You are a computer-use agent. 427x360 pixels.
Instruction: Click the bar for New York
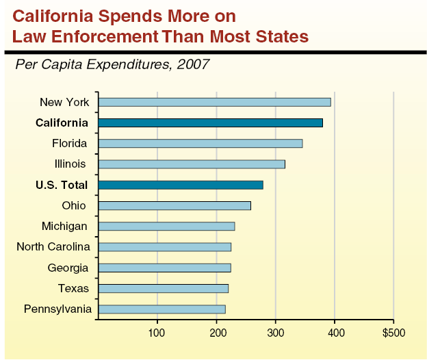point(214,102)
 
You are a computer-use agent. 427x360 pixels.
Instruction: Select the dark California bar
point(210,123)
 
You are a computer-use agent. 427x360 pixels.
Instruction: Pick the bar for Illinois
point(191,164)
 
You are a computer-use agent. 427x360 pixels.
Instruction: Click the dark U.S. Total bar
point(180,185)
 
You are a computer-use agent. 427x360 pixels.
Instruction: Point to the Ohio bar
point(174,205)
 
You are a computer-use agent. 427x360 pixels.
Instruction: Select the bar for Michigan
point(166,227)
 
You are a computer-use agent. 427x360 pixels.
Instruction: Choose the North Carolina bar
point(164,247)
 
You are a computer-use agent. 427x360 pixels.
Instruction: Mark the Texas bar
point(163,288)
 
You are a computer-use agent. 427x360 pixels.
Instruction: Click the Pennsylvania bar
point(161,309)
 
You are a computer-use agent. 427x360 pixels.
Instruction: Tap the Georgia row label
point(68,268)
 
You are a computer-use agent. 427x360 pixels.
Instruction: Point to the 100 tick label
point(157,333)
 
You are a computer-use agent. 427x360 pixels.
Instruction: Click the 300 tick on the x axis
point(276,333)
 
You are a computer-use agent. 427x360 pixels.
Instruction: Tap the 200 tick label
point(217,333)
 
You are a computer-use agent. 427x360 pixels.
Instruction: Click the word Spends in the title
point(133,14)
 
